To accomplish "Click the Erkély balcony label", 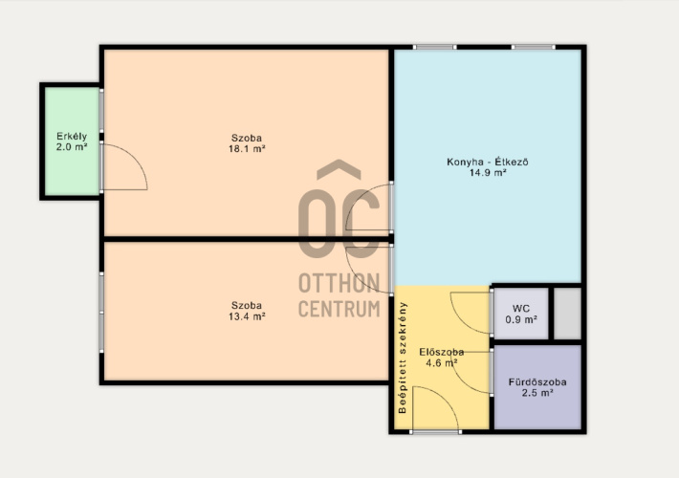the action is [x=72, y=137].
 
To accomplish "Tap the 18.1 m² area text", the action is [x=247, y=149].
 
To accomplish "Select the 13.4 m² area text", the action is [x=247, y=316].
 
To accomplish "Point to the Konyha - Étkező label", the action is [x=488, y=163].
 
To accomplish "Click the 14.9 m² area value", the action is [x=488, y=173].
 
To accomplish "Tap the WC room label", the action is [x=521, y=309].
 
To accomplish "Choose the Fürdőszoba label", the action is [x=537, y=382].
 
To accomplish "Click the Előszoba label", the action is [x=442, y=352].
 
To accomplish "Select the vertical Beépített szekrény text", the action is [x=403, y=358].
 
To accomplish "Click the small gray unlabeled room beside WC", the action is [x=568, y=314].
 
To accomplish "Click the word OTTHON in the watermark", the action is [x=339, y=283].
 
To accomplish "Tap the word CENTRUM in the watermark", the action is [x=339, y=309].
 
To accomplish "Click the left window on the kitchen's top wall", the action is [x=435, y=47].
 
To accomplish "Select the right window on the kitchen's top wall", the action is [x=533, y=47].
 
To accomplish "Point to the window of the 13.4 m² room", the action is [x=101, y=312].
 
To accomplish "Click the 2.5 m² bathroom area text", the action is [x=537, y=393].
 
